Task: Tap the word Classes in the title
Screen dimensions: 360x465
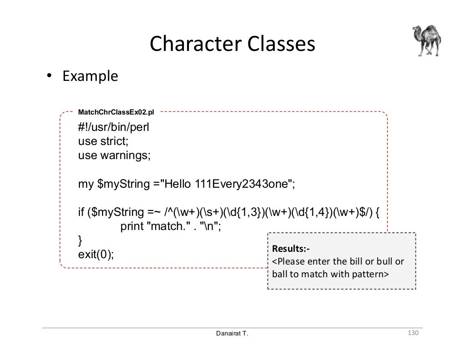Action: pos(281,44)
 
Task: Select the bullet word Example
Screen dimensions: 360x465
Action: pos(90,76)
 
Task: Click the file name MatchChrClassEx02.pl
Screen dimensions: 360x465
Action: pos(116,112)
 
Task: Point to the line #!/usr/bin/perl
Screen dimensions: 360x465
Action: pos(114,127)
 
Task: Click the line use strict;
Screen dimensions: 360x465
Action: pos(103,141)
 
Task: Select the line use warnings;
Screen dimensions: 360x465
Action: pos(114,155)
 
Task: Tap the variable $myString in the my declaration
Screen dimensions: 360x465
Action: pos(124,184)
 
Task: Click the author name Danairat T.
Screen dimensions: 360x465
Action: pos(232,334)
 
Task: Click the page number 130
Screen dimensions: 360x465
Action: pos(412,334)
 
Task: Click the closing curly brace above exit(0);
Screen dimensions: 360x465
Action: pos(80,240)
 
